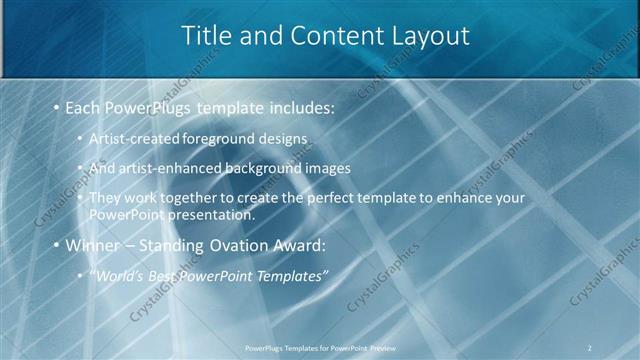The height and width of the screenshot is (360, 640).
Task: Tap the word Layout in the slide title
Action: pos(426,36)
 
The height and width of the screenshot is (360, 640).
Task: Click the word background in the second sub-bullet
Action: pos(266,167)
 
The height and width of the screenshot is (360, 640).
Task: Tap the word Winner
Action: pos(90,245)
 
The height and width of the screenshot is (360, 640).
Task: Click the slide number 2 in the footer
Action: pos(590,347)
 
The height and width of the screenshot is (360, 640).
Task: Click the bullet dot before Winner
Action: pos(55,245)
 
